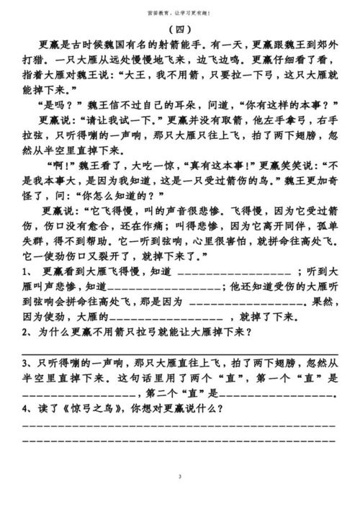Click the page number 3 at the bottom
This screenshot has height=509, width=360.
(179, 478)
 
